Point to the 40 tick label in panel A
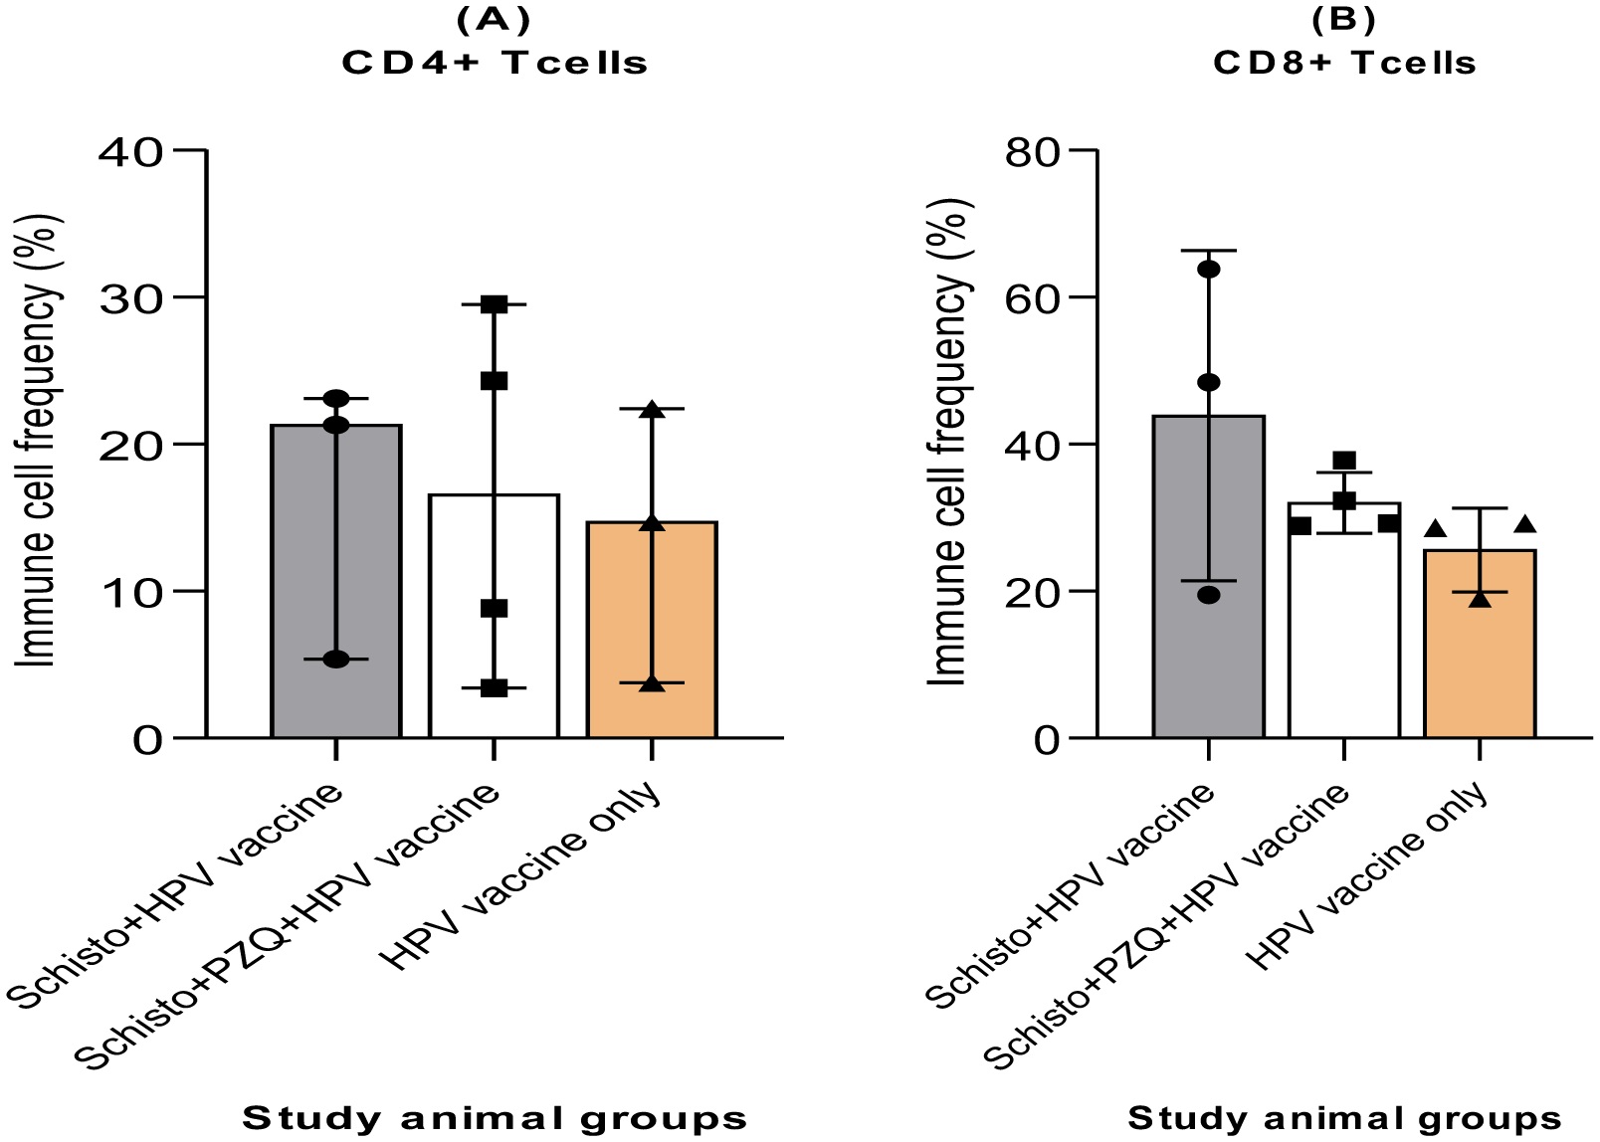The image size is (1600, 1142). (x=130, y=150)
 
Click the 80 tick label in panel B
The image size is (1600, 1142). (x=1034, y=150)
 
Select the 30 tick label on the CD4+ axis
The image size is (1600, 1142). (x=130, y=297)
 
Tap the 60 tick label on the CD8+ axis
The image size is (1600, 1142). (x=1034, y=297)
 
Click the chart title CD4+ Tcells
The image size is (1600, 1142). (x=495, y=63)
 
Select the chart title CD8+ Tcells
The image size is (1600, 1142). (x=1344, y=63)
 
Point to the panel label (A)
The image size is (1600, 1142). (x=495, y=19)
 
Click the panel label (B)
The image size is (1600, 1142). (x=1344, y=19)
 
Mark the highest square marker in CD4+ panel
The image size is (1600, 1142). (x=495, y=304)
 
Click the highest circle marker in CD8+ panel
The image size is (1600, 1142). (x=1208, y=269)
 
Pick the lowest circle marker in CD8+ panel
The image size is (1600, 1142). (x=1208, y=595)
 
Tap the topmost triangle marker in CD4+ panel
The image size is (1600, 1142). (x=653, y=410)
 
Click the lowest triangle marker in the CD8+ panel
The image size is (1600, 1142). (x=1480, y=599)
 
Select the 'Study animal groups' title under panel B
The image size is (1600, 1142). (x=1344, y=1118)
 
